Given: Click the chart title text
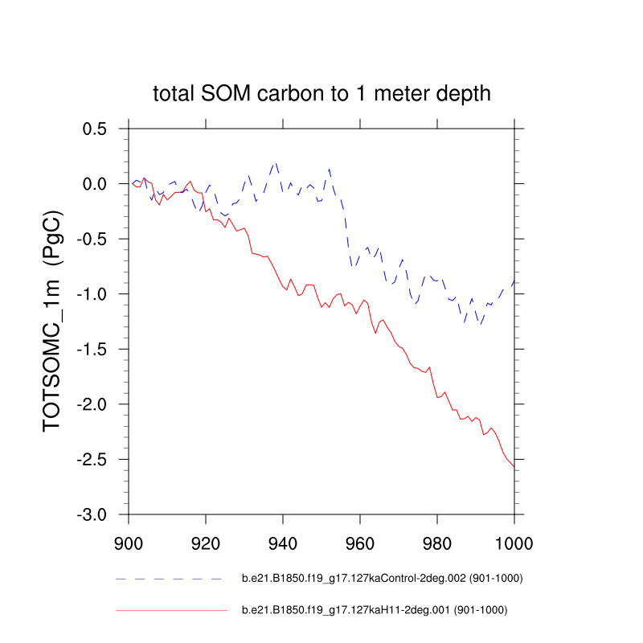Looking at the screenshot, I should click(321, 94).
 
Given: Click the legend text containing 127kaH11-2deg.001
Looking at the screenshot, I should click(375, 611).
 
